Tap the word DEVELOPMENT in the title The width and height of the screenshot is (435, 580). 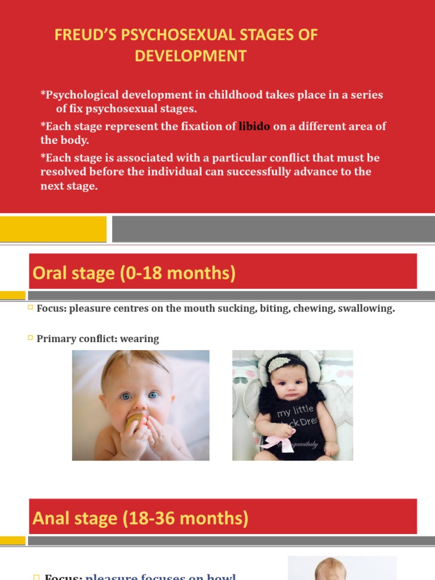(x=191, y=56)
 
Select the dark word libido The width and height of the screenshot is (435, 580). (x=254, y=126)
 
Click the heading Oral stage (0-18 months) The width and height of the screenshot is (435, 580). (x=134, y=273)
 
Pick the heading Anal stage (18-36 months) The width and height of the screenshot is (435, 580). (x=141, y=518)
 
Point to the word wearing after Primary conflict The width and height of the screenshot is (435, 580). (x=140, y=339)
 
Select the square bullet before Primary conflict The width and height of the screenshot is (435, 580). (x=31, y=338)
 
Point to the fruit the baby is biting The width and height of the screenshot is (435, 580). (x=135, y=422)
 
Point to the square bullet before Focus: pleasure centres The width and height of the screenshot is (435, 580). (x=31, y=308)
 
